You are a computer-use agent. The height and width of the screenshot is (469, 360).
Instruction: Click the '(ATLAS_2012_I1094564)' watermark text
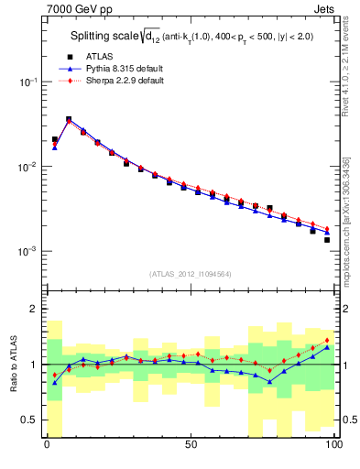pyautogui.click(x=190, y=272)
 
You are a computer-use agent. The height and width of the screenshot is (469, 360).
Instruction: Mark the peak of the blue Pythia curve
pyautogui.click(x=69, y=119)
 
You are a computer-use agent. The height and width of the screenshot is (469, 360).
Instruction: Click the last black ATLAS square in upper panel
pyautogui.click(x=326, y=240)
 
